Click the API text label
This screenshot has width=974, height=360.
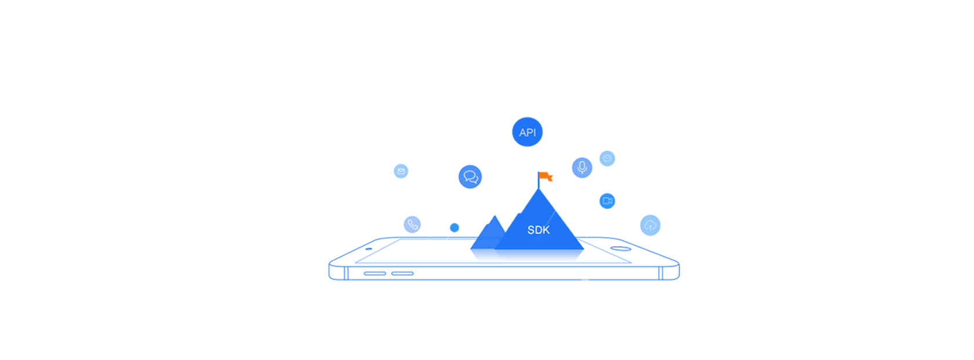click(527, 133)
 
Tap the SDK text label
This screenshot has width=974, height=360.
click(538, 230)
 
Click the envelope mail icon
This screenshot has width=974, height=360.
click(401, 171)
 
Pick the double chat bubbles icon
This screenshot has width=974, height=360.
click(471, 177)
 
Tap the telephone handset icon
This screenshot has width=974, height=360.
click(413, 224)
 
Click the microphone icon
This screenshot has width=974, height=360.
click(582, 168)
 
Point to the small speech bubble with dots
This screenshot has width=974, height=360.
click(607, 158)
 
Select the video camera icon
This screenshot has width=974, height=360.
click(607, 201)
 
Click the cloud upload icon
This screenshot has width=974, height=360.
click(650, 225)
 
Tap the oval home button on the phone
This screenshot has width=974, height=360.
click(620, 249)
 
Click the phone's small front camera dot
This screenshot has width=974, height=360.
click(369, 249)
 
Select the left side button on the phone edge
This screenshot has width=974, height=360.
click(375, 273)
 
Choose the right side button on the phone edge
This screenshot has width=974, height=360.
click(402, 273)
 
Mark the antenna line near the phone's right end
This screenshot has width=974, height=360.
click(660, 273)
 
